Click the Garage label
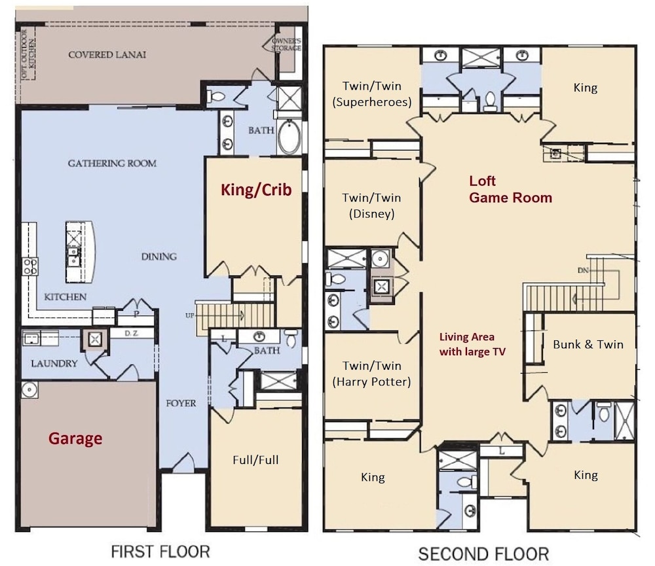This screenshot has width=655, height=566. pyautogui.click(x=75, y=438)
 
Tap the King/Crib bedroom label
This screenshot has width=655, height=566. pyautogui.click(x=256, y=190)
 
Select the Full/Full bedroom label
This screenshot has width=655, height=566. pyautogui.click(x=255, y=460)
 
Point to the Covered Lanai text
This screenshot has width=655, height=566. pyautogui.click(x=107, y=55)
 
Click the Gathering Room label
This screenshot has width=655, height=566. pyautogui.click(x=113, y=163)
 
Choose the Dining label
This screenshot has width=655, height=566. pyautogui.click(x=159, y=256)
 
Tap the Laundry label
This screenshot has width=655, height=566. pyautogui.click(x=54, y=363)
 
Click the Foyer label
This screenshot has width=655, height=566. pyautogui.click(x=181, y=403)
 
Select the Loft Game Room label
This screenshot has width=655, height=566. pyautogui.click(x=510, y=189)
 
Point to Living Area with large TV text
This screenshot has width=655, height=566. pyautogui.click(x=472, y=344)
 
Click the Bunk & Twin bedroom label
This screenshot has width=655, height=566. pyautogui.click(x=588, y=344)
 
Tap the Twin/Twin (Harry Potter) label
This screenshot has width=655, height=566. pyautogui.click(x=372, y=374)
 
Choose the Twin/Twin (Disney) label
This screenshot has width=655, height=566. pyautogui.click(x=372, y=205)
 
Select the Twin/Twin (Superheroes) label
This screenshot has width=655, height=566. pyautogui.click(x=372, y=94)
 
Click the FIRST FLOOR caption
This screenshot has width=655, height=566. pyautogui.click(x=160, y=552)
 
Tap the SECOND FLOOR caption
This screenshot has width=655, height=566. pyautogui.click(x=484, y=554)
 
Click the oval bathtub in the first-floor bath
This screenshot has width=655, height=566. pyautogui.click(x=289, y=137)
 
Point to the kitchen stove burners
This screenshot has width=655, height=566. pyautogui.click(x=30, y=266)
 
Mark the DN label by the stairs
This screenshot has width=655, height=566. pyautogui.click(x=583, y=270)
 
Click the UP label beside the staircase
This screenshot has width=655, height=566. pyautogui.click(x=190, y=315)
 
